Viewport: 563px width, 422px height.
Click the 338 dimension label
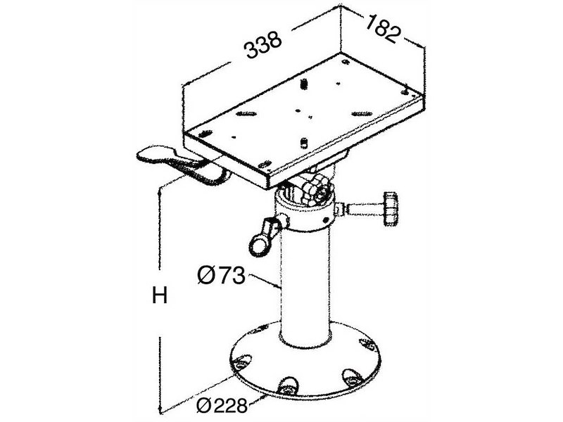click(x=262, y=47)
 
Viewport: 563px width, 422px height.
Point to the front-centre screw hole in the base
click(x=287, y=385)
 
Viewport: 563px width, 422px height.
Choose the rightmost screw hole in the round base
click(x=367, y=344)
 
